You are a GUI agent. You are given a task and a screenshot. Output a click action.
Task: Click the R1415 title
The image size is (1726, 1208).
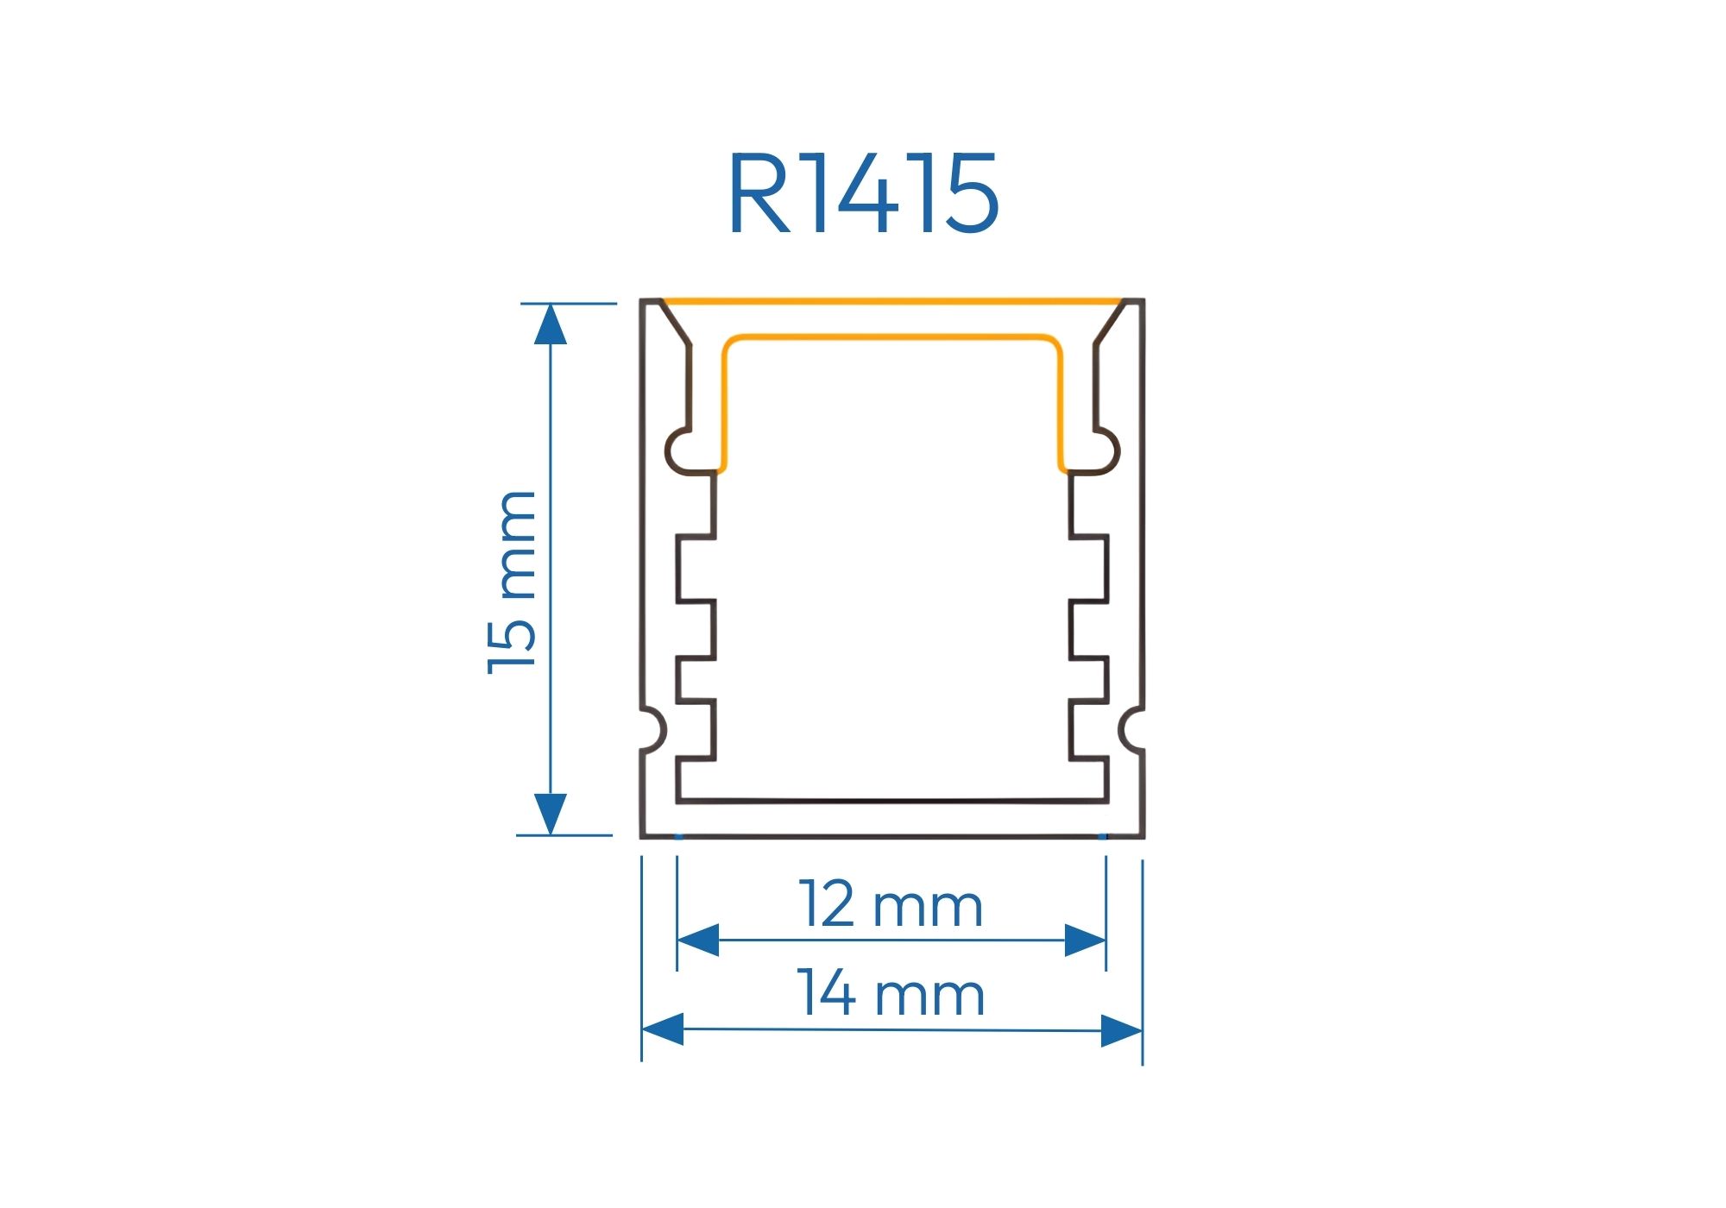tap(863, 194)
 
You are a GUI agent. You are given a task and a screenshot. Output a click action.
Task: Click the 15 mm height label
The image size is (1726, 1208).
tap(513, 582)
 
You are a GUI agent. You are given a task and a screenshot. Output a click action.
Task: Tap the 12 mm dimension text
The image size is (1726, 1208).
tap(891, 905)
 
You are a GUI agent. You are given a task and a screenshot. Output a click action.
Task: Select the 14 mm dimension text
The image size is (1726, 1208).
tap(891, 994)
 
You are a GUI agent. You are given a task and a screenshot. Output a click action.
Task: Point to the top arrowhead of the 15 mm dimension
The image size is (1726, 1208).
tap(550, 325)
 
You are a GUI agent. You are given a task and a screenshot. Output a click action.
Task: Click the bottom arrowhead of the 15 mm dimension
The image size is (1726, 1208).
tap(550, 814)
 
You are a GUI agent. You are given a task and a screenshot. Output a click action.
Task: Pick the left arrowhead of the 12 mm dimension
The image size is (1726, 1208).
tap(698, 940)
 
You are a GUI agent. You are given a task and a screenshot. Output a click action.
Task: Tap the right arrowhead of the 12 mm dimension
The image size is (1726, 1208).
tap(1085, 940)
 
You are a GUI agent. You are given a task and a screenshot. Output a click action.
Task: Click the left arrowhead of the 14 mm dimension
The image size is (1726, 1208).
tap(663, 1029)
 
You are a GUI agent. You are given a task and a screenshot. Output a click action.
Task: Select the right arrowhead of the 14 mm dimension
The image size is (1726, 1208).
tap(1122, 1030)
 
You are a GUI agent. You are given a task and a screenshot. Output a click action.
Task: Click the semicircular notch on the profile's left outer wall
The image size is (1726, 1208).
tap(654, 730)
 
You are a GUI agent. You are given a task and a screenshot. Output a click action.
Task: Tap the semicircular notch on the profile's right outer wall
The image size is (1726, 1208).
tap(1131, 730)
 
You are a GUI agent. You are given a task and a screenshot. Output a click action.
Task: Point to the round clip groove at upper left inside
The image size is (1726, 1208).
tap(683, 451)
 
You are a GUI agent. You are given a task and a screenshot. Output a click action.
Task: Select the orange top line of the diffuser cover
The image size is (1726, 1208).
tap(892, 301)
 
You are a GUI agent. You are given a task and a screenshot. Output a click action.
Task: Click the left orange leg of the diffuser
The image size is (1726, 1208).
tap(723, 406)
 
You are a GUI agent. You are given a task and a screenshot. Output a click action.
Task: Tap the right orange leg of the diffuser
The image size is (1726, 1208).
tap(1061, 406)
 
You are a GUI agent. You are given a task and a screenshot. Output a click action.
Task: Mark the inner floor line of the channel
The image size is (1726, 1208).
tap(892, 801)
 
